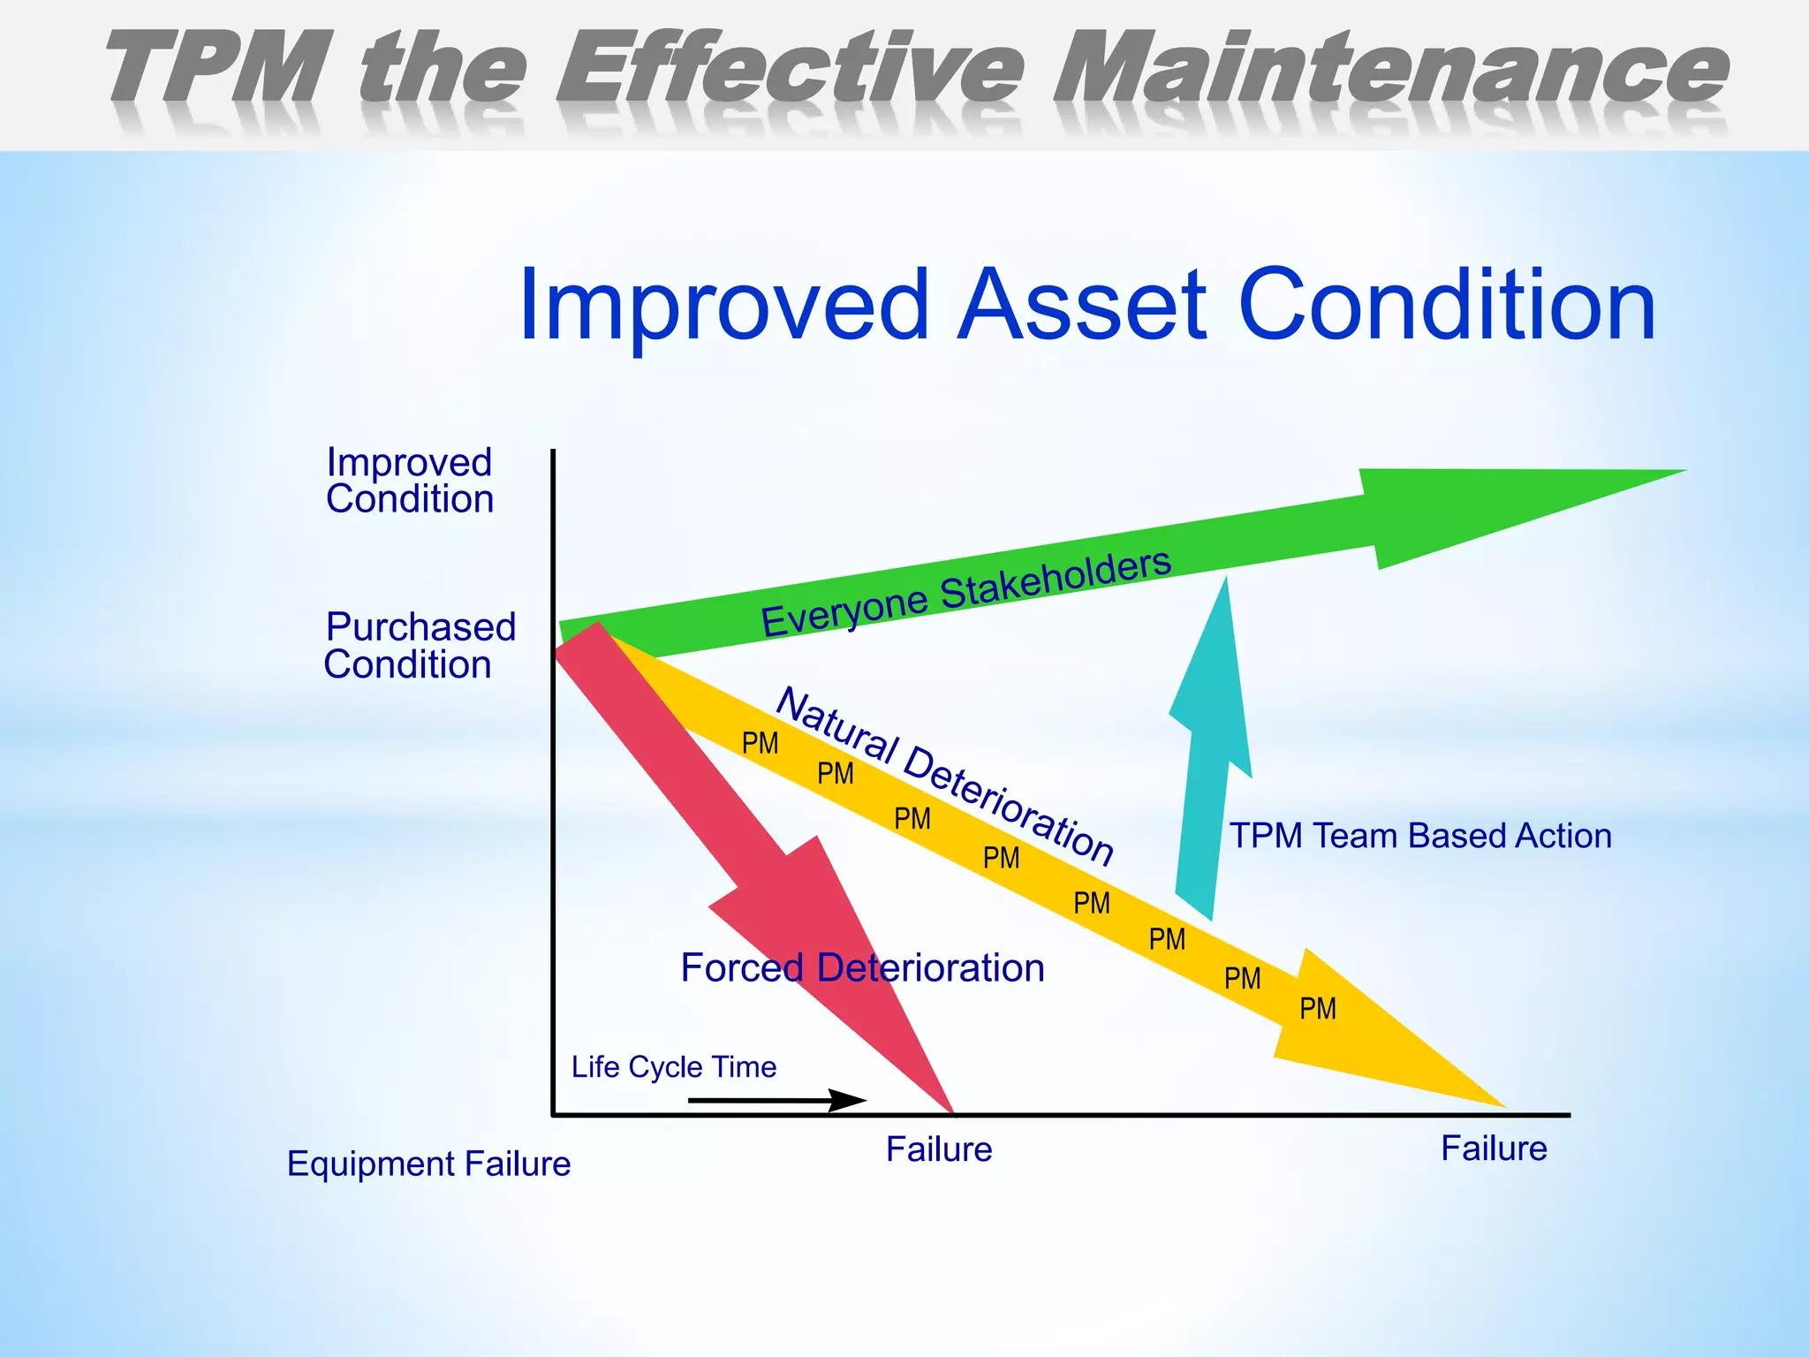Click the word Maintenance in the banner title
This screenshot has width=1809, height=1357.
(x=1391, y=69)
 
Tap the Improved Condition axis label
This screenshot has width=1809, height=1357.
(x=409, y=481)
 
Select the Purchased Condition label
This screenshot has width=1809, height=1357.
(x=419, y=646)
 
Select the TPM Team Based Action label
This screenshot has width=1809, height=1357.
(x=1420, y=836)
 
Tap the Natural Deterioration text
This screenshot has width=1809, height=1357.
(x=945, y=776)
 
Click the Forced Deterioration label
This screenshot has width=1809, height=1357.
(x=862, y=968)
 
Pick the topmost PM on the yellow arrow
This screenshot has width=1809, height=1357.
(x=760, y=744)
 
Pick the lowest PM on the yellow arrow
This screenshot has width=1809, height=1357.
(x=1317, y=1009)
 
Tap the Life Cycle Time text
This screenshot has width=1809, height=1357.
(x=673, y=1067)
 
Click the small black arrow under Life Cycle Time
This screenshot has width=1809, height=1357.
(x=777, y=1101)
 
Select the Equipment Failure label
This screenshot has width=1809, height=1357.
(x=428, y=1164)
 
